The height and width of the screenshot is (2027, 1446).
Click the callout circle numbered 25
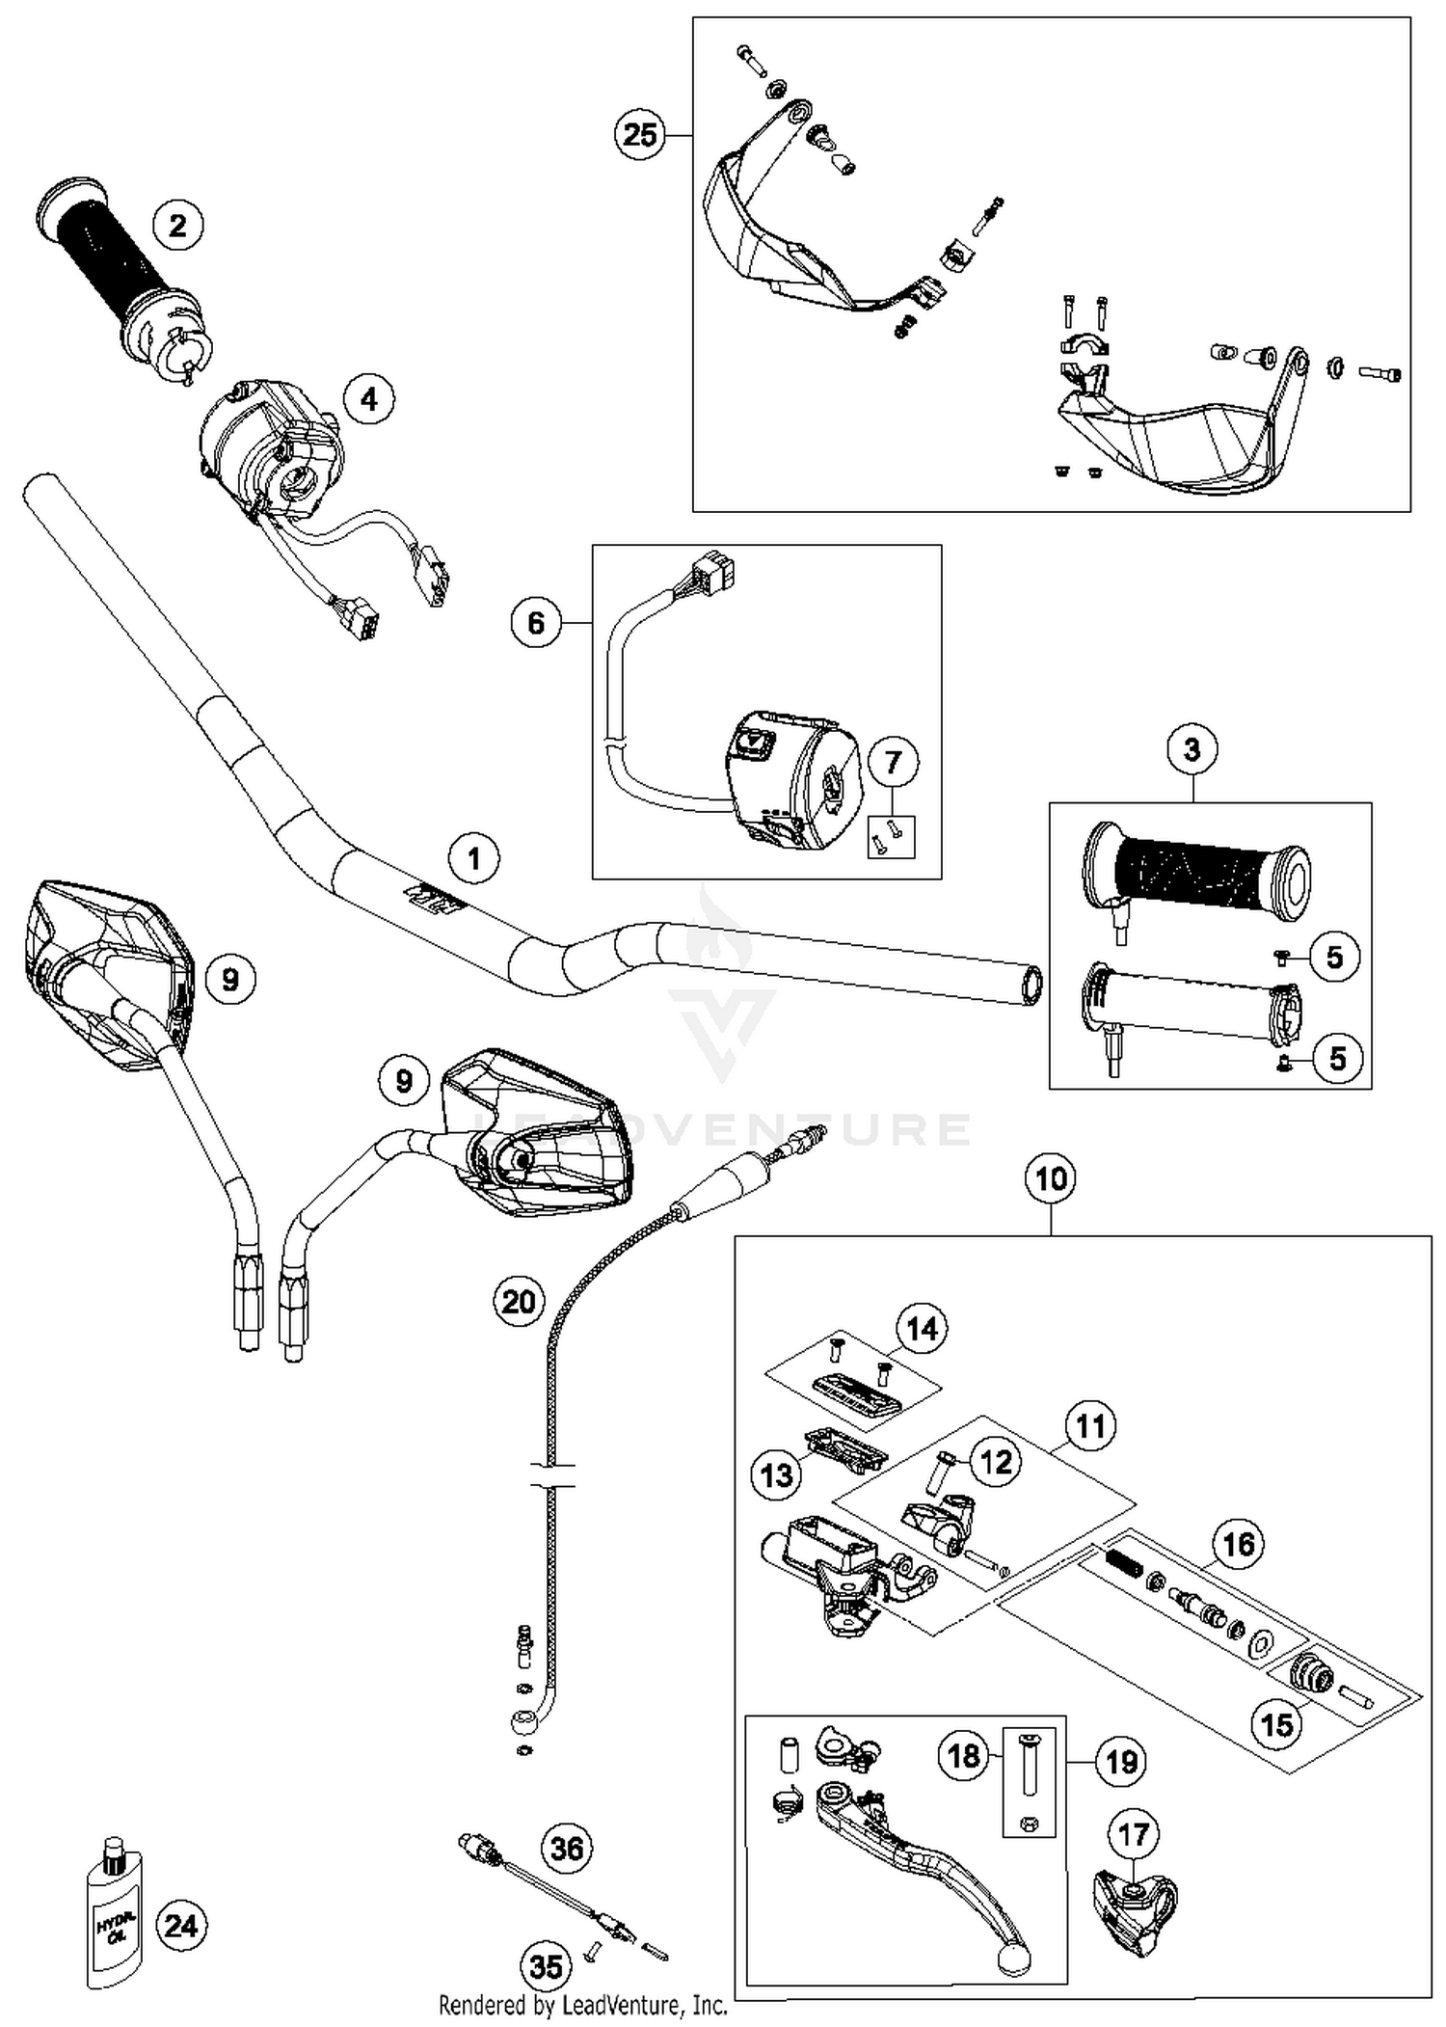coord(640,135)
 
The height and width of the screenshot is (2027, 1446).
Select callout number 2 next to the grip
coord(178,226)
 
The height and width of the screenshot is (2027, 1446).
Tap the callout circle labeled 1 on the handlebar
coord(473,857)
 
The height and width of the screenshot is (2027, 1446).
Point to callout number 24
coord(181,1926)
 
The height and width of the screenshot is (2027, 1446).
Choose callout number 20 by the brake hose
coord(519,1302)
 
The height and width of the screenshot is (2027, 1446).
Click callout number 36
coord(567,1848)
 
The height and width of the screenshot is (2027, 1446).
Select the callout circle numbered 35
coord(547,1967)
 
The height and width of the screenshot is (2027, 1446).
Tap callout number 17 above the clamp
coord(1134,1834)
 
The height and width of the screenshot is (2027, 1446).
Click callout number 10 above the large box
coord(1051,1178)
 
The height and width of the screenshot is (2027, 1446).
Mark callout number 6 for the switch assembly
coord(536,623)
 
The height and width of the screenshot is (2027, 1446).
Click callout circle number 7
coord(893,762)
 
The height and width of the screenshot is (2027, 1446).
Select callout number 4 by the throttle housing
coord(370,398)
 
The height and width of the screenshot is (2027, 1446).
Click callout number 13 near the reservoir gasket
coord(777,1474)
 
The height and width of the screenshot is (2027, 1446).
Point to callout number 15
coord(1277,1724)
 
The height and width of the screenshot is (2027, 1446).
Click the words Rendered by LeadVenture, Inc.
coord(582,2006)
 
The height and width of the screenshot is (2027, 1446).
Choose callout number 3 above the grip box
coord(1192,749)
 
